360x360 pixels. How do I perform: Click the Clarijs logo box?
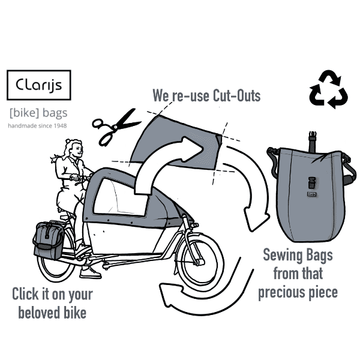(x=38, y=85)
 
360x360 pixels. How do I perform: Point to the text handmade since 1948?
(x=37, y=127)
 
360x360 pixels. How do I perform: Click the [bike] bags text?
(x=38, y=113)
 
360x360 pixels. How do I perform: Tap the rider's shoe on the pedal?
(x=90, y=273)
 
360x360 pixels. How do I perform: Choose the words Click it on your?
(x=53, y=294)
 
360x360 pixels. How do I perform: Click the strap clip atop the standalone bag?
(x=311, y=137)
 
